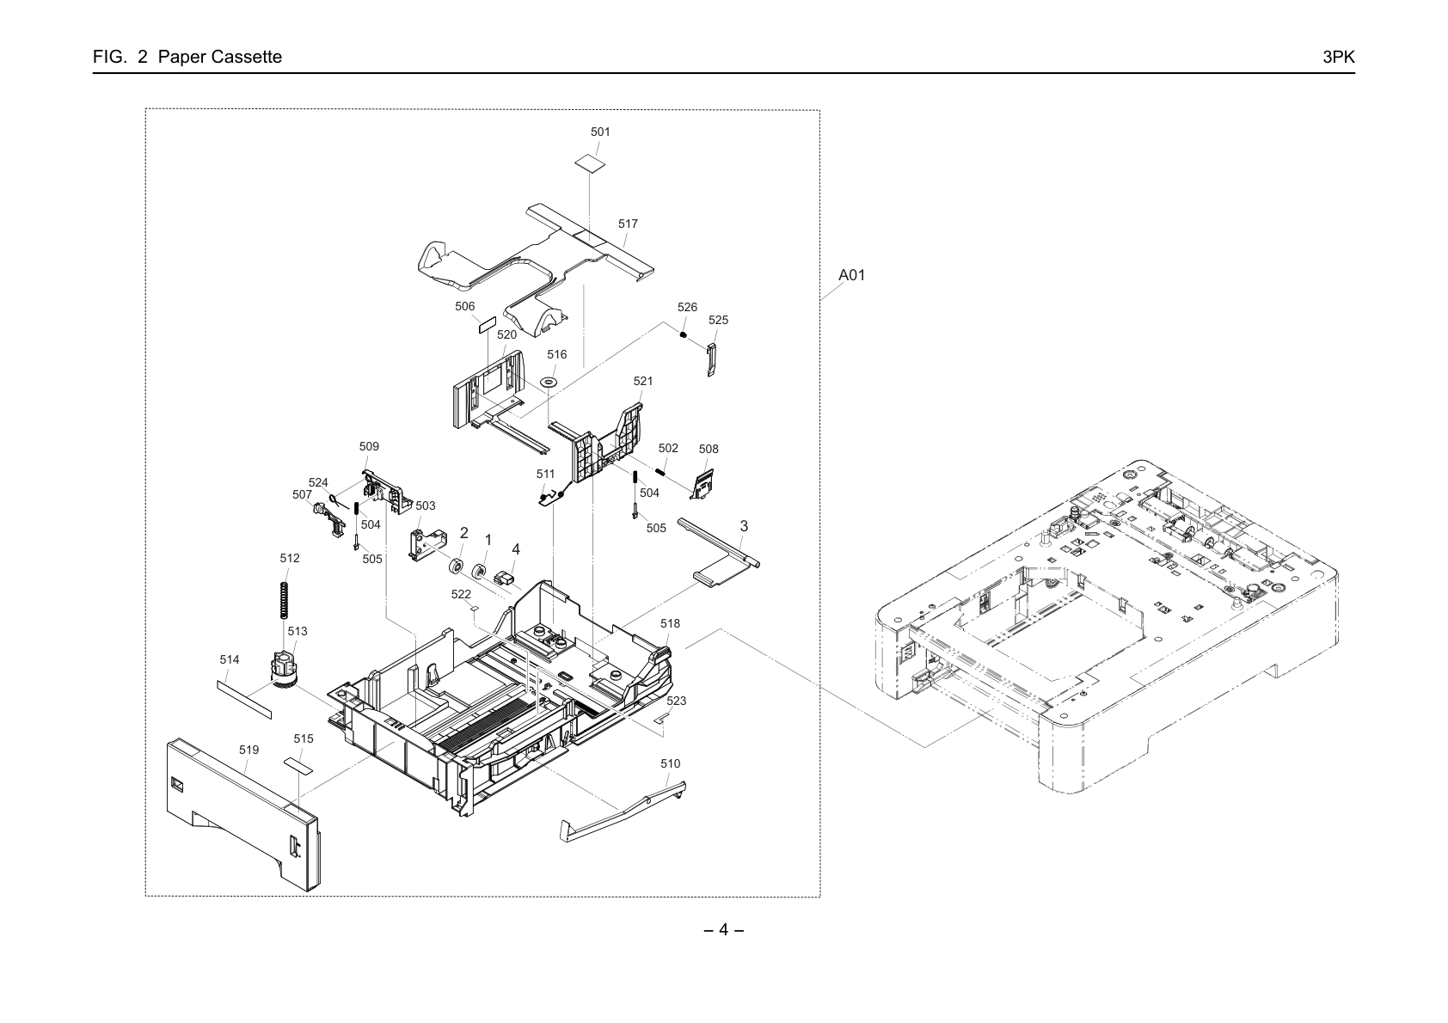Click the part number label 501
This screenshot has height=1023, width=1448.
(600, 132)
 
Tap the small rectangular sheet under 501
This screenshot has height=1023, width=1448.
(591, 163)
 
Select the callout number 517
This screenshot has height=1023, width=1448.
(628, 224)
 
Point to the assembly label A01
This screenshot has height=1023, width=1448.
(851, 275)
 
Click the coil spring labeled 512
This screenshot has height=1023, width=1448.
(284, 600)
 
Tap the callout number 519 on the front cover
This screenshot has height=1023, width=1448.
(248, 750)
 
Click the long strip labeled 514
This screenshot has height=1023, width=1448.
(244, 699)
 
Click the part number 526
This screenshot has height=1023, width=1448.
(687, 308)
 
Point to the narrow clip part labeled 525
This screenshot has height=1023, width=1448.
(711, 358)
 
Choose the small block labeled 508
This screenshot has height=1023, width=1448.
(703, 484)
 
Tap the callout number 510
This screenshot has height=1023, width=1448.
(671, 764)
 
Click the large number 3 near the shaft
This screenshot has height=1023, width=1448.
(744, 527)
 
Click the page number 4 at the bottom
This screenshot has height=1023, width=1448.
(723, 930)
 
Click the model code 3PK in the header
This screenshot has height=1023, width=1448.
(1339, 57)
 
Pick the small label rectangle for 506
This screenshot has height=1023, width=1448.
(486, 325)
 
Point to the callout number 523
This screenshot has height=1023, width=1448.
(676, 701)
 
